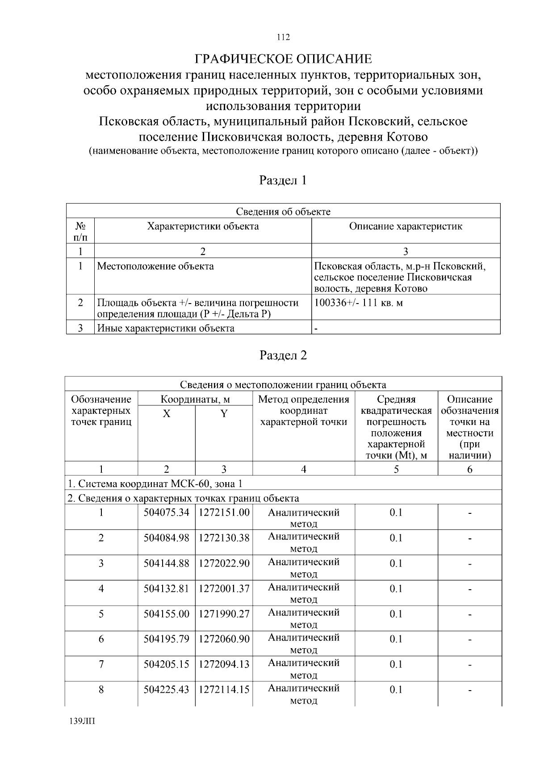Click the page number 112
coord(283,37)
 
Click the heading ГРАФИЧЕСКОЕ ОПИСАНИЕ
coord(283,59)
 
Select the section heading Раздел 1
coord(283,180)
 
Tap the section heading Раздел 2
coord(283,355)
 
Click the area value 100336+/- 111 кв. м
coord(359,303)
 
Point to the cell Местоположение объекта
coord(155,267)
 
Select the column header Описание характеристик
coord(406,226)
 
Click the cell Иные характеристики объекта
coord(166,329)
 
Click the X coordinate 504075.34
coord(166,512)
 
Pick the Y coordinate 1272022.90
coord(224,563)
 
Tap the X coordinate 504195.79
coord(166,639)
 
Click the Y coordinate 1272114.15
coord(224,690)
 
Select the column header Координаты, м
coord(195,399)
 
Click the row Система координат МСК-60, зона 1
coord(155,484)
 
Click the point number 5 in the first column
coord(101,614)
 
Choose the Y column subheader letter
coord(224,414)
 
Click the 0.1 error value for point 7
coord(396,664)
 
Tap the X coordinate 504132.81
coord(166,589)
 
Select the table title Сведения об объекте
coord(283,212)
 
